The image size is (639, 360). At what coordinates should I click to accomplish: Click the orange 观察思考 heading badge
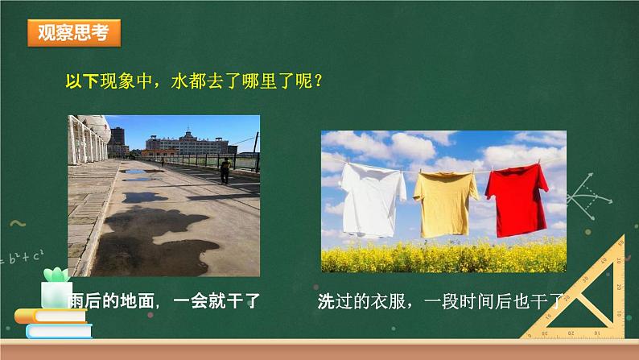pyautogui.click(x=74, y=32)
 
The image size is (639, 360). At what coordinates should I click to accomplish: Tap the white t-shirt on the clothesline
pyautogui.click(x=372, y=200)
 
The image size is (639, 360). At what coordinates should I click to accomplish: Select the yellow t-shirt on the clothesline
pyautogui.click(x=445, y=204)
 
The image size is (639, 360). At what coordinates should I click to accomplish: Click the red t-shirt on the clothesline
pyautogui.click(x=517, y=200)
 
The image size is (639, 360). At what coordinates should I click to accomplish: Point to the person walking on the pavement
pyautogui.click(x=225, y=172)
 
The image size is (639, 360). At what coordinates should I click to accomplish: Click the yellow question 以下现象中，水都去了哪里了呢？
pyautogui.click(x=194, y=81)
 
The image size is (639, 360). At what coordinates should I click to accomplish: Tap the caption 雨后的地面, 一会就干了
pyautogui.click(x=164, y=301)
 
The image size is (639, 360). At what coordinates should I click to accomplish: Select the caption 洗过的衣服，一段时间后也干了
pyautogui.click(x=440, y=302)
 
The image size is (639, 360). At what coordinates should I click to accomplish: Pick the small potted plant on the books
pyautogui.click(x=56, y=288)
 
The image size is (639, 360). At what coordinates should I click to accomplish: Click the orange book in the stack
pyautogui.click(x=51, y=316)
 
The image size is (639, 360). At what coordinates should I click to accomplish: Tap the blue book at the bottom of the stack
pyautogui.click(x=60, y=331)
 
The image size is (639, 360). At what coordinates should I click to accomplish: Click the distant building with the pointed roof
pyautogui.click(x=188, y=143)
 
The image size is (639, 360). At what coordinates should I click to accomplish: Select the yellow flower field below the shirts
pyautogui.click(x=443, y=256)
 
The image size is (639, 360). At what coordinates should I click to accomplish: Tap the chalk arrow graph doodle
pyautogui.click(x=589, y=197)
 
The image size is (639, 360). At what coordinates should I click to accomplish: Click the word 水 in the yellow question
pyautogui.click(x=179, y=81)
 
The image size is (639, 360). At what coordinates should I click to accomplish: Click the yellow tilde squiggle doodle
pyautogui.click(x=18, y=223)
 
